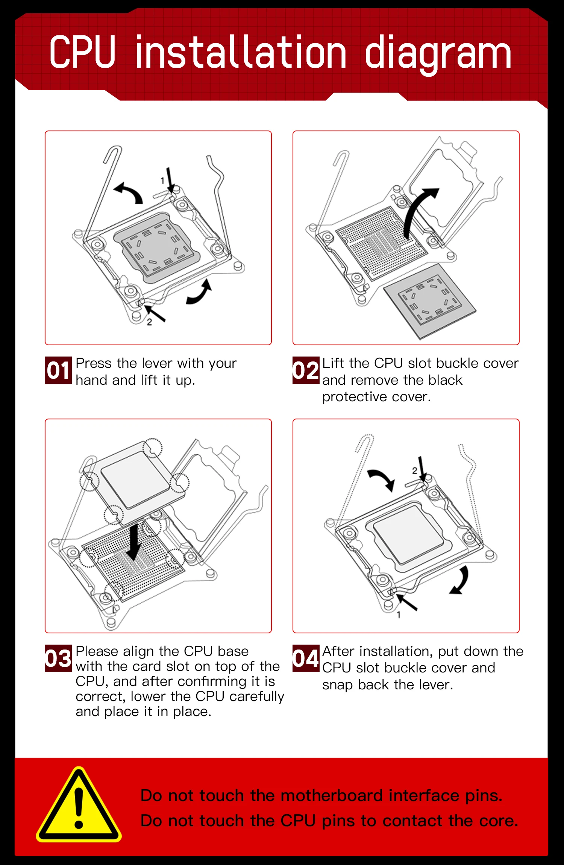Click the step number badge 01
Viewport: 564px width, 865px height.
tap(58, 370)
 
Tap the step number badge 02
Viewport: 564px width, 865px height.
tap(306, 370)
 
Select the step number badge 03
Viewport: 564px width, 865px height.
tap(58, 658)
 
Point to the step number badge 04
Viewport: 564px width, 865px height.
tap(306, 658)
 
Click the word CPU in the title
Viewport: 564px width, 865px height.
tap(82, 52)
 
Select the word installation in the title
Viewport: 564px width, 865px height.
tap(240, 52)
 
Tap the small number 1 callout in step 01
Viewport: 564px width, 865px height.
tap(162, 181)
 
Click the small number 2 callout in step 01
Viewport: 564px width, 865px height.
tap(149, 322)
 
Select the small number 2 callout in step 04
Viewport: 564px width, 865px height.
tap(414, 470)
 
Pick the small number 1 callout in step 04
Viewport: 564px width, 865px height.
tap(399, 615)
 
